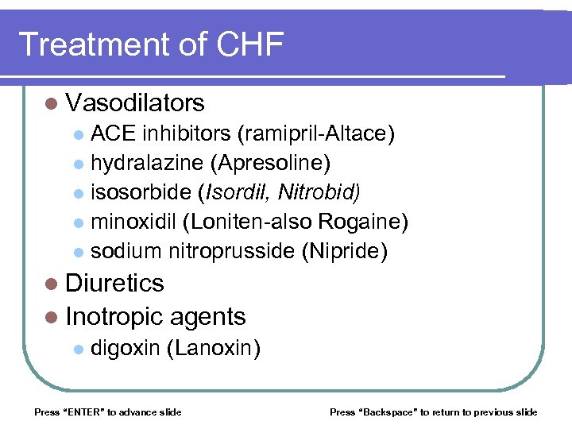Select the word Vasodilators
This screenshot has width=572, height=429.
[x=136, y=103]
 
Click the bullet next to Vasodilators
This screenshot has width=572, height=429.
[x=52, y=103]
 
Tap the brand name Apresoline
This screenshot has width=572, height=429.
[x=270, y=164]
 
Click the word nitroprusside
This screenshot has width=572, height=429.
[x=231, y=252]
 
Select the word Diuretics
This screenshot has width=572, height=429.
[x=115, y=284]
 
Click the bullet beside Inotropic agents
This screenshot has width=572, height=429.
[x=52, y=317]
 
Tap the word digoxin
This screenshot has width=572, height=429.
[x=126, y=348]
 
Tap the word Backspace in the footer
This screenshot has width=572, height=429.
[x=388, y=412]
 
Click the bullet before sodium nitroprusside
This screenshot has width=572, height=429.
[x=77, y=253]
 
